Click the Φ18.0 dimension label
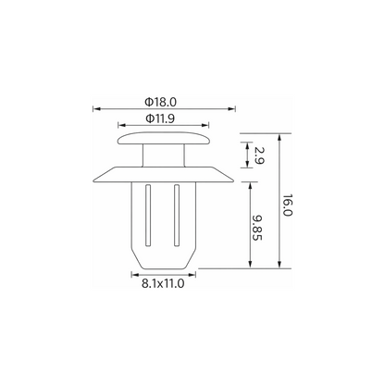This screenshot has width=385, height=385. (x=161, y=102)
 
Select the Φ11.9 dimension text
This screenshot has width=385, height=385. (x=160, y=118)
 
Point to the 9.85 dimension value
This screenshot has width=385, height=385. (x=257, y=228)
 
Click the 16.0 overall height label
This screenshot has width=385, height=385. (x=287, y=205)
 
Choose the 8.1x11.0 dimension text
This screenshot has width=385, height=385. (x=163, y=283)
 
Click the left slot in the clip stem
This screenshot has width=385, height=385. (x=148, y=216)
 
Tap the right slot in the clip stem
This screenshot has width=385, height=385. (x=177, y=216)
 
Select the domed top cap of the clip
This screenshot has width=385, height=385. (x=164, y=139)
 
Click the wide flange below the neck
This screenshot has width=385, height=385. (x=163, y=175)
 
